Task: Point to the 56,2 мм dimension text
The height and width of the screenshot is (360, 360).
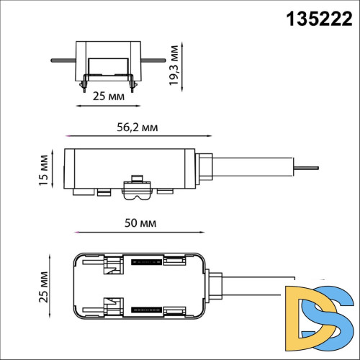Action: click(137, 127)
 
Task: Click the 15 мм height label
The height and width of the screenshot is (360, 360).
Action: click(45, 168)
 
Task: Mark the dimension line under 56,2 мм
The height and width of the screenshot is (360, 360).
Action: click(137, 135)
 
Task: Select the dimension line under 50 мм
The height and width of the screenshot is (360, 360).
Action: click(137, 233)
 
